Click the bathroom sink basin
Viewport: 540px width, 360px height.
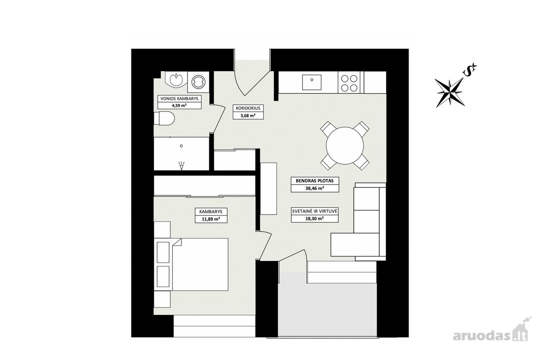click(176, 79)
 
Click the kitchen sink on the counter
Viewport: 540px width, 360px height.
click(312, 82)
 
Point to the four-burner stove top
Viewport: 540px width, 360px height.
click(349, 82)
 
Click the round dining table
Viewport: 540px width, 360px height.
click(345, 146)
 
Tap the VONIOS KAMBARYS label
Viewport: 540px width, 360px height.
click(180, 99)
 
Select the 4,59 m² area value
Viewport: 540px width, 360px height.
click(180, 105)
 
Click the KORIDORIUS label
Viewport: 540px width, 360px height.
click(248, 108)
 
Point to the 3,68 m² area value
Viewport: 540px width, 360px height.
click(248, 116)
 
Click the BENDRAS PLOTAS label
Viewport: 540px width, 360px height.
click(315, 181)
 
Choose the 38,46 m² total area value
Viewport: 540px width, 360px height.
click(315, 188)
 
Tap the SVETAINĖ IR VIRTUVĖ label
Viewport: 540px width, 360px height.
click(315, 211)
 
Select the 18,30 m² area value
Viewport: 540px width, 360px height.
click(315, 219)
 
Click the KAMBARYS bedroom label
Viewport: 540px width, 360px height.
click(211, 211)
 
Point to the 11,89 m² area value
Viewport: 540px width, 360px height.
click(211, 219)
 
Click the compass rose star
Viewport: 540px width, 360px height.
click(450, 92)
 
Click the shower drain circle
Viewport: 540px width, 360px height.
click(181, 146)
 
